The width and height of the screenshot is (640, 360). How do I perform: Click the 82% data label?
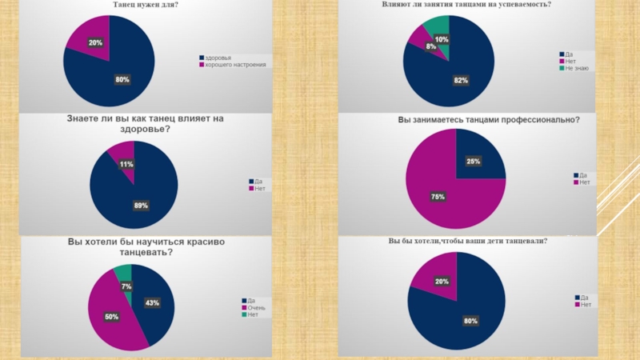[x=461, y=80]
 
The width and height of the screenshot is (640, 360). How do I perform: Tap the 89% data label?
[x=141, y=206]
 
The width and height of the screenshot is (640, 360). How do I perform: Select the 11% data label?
[x=126, y=164]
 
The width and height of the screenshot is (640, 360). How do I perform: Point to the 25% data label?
[x=474, y=162]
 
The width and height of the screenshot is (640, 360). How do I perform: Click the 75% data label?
[x=438, y=197]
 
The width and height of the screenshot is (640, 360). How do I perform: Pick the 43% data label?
[x=152, y=302]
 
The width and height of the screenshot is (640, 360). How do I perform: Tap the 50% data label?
[x=111, y=317]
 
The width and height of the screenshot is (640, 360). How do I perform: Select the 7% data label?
[x=126, y=286]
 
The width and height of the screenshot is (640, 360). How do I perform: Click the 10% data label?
[x=442, y=39]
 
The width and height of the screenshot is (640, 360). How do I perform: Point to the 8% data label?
[x=430, y=47]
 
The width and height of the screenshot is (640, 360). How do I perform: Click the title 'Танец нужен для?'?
[x=145, y=6]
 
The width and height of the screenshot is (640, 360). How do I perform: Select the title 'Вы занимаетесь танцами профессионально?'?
[x=489, y=120]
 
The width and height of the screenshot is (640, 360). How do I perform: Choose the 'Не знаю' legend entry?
[x=577, y=68]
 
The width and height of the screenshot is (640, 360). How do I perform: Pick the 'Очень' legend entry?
[x=256, y=308]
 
